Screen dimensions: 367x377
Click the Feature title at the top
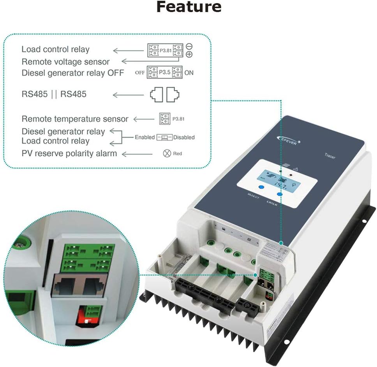(x=188, y=7)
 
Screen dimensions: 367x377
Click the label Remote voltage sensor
(x=65, y=61)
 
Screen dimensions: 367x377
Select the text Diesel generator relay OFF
(x=73, y=73)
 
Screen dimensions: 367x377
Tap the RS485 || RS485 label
(x=54, y=94)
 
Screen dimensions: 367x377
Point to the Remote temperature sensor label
(x=75, y=119)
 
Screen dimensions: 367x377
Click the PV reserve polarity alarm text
(x=69, y=154)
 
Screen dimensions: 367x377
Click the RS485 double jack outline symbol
(x=165, y=94)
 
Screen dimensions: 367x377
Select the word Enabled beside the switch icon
(x=144, y=137)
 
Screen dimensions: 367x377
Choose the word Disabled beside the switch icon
(x=184, y=137)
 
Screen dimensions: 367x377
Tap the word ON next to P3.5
(x=189, y=73)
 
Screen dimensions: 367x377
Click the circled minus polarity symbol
(x=189, y=46)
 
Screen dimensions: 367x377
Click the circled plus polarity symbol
(x=189, y=54)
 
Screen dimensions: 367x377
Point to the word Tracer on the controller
(x=329, y=156)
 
